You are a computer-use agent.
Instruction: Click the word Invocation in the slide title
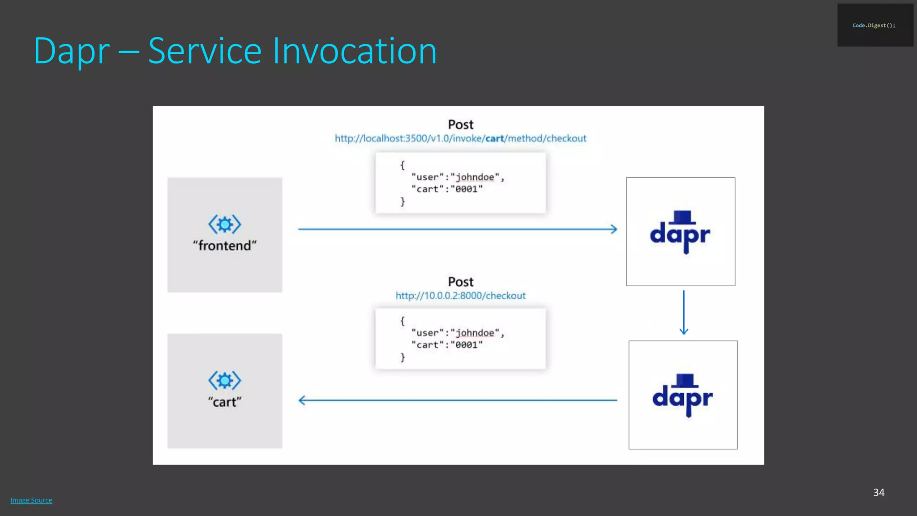click(354, 51)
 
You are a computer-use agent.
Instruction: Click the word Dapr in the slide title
click(72, 51)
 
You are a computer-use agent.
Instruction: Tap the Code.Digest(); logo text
click(874, 26)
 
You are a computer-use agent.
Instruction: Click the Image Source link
click(31, 500)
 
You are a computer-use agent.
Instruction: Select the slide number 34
click(878, 492)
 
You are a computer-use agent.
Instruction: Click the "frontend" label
click(225, 245)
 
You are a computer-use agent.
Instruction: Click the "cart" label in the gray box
click(225, 402)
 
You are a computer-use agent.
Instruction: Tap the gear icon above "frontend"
click(225, 224)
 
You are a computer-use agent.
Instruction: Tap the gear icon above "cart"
click(225, 380)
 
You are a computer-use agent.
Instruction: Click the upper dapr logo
click(680, 232)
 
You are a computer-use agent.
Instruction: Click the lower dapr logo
click(682, 396)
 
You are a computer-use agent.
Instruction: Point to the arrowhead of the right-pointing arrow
click(614, 229)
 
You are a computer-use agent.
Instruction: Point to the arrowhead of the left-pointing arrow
click(302, 400)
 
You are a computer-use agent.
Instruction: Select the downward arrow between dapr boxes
click(684, 313)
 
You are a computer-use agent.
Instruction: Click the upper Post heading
click(460, 125)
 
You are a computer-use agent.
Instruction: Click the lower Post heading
click(460, 282)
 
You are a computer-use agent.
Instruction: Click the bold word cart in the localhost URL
click(494, 138)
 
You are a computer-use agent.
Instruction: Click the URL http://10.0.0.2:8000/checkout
click(460, 296)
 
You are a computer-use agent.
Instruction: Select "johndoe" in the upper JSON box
click(475, 177)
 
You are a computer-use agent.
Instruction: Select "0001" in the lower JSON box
click(467, 345)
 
